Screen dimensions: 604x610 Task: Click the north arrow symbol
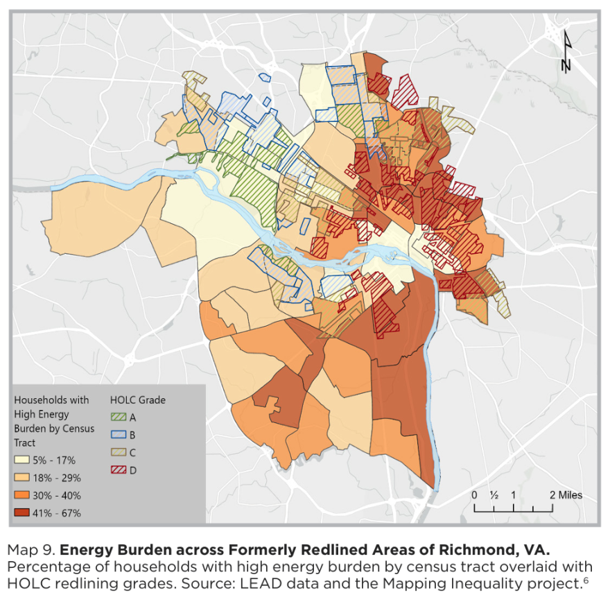click(x=566, y=53)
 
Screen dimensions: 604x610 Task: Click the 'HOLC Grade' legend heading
click(x=138, y=400)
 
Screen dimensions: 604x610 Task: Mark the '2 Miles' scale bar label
click(x=566, y=495)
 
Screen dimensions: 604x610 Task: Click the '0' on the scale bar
click(x=474, y=495)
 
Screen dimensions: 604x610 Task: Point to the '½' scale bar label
click(x=494, y=495)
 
